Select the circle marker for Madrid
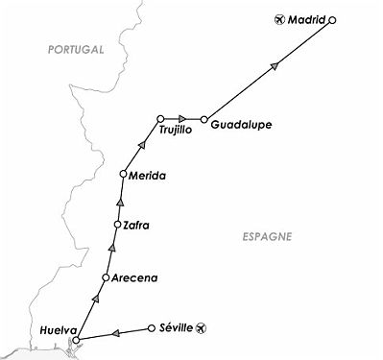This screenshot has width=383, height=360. [x=333, y=18]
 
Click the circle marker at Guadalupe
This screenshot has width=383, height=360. [x=204, y=120]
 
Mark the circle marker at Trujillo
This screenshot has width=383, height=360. [x=161, y=119]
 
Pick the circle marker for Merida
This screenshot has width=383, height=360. [x=123, y=175]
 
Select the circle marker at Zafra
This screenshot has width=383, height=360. [x=117, y=225]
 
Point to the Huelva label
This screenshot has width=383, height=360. [x=57, y=331]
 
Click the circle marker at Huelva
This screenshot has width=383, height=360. [x=77, y=338]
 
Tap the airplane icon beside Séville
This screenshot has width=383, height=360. [x=201, y=329]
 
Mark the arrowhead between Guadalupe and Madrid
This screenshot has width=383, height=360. [x=275, y=65]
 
